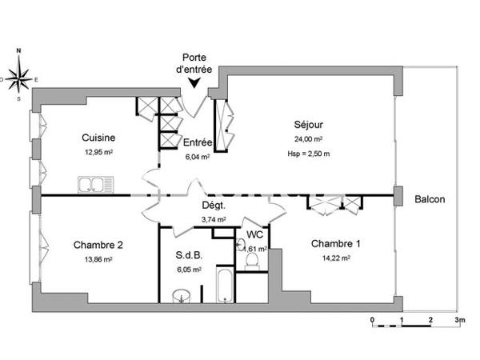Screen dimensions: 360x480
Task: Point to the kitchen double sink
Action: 96,186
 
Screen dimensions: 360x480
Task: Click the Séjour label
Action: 308,124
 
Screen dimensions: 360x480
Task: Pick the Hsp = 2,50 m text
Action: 308,154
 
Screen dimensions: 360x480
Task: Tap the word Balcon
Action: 430,199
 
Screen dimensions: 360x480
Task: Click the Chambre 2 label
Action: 98,245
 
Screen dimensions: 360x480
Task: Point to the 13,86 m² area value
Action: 98,259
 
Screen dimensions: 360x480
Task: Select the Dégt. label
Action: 213,206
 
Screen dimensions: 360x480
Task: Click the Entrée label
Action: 197,142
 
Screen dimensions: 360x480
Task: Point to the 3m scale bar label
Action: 460,319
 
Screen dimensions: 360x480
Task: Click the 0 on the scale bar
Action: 373,319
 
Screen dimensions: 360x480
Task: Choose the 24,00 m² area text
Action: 308,139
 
